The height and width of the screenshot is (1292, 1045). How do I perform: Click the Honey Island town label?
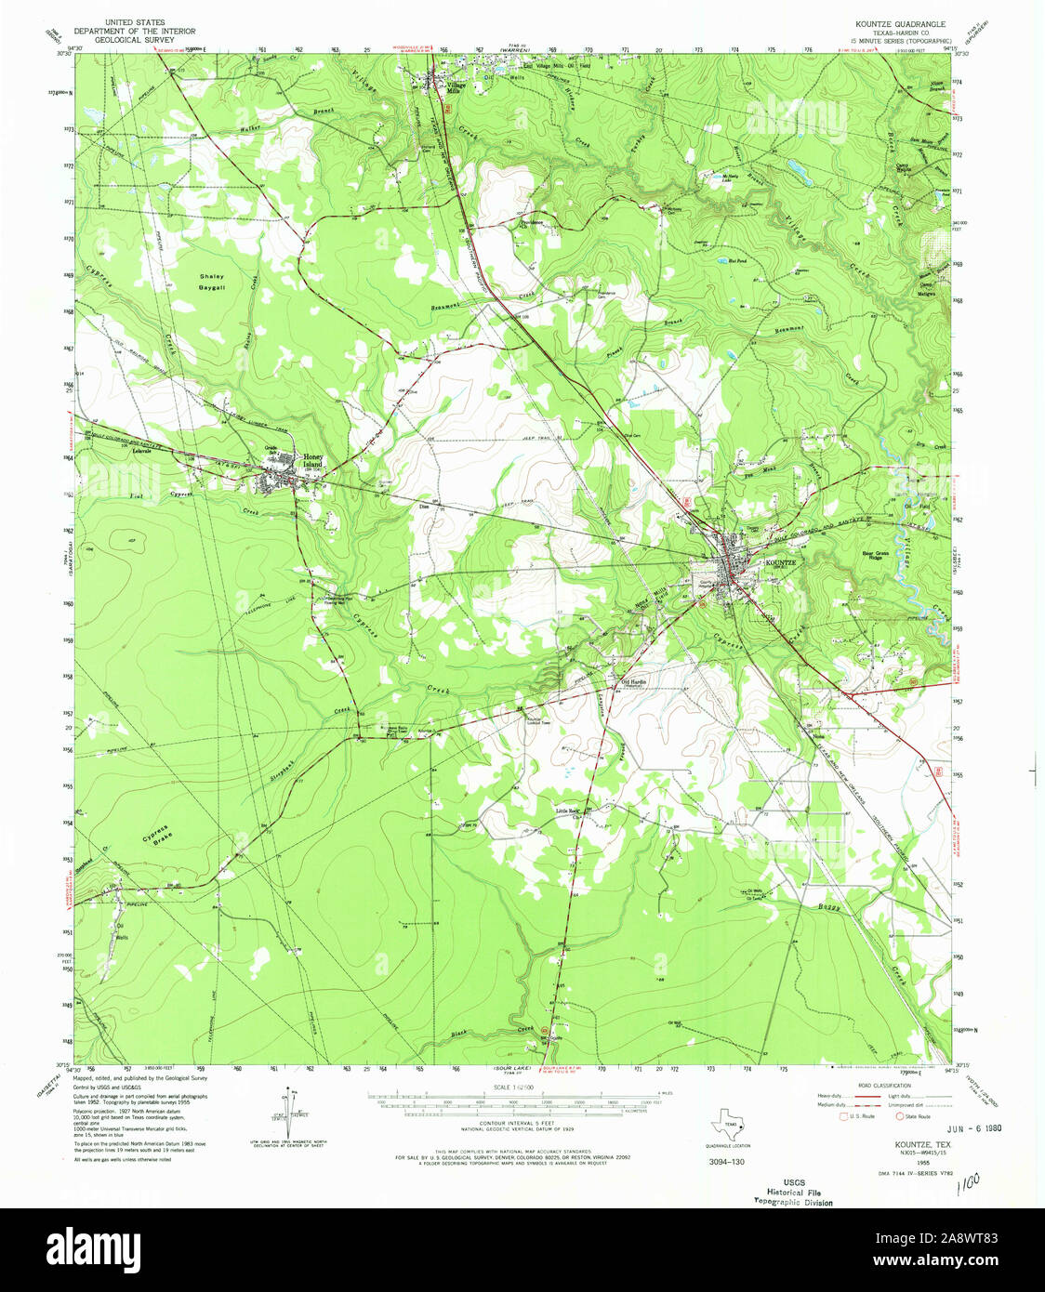311,460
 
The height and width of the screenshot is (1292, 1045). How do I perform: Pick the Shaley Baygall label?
212,282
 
